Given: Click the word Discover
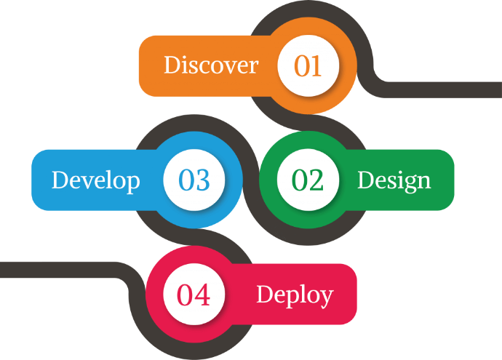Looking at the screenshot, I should click(x=211, y=65).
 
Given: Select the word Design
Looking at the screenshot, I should click(x=394, y=180).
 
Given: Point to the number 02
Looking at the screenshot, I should click(x=308, y=180).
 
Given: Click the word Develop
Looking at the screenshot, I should click(x=95, y=180).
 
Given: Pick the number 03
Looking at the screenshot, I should click(x=194, y=180).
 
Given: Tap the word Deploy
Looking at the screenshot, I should click(x=295, y=295).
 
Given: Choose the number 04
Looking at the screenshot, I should click(x=194, y=295).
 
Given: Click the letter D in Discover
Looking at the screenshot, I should click(x=171, y=65).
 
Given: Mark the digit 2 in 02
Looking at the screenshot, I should click(x=316, y=180).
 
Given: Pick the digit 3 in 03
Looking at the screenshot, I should click(x=202, y=180).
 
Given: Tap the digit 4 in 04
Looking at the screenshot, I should click(x=202, y=295).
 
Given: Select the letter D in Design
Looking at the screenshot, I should click(x=364, y=180).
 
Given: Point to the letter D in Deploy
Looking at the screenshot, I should click(x=263, y=294).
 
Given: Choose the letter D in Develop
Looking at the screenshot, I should click(x=59, y=180).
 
